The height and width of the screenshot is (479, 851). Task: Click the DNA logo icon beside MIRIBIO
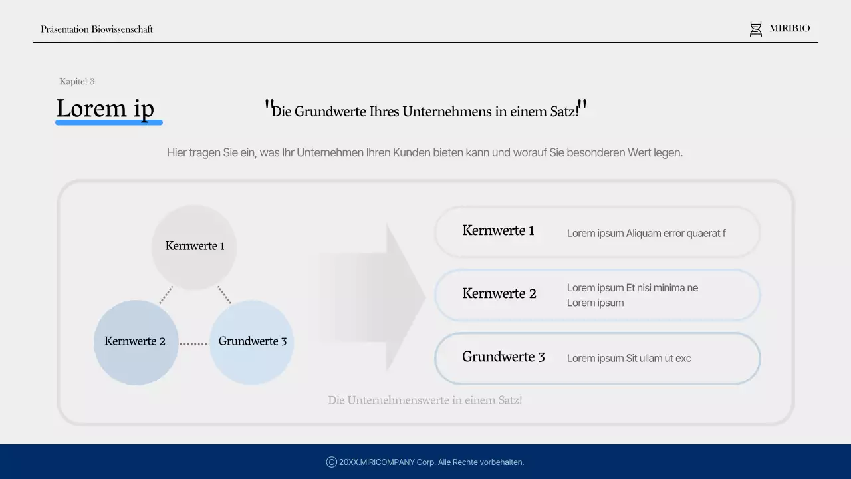tap(756, 29)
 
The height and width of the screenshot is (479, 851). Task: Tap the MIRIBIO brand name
tap(790, 29)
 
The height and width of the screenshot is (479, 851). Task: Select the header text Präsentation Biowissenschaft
tap(96, 29)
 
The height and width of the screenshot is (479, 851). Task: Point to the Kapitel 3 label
tap(77, 82)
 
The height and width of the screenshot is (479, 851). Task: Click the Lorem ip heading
tap(105, 108)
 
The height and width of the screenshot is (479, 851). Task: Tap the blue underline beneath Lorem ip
tap(109, 122)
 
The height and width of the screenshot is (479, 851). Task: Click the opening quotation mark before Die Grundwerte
tap(269, 105)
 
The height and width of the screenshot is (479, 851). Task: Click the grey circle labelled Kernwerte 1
tap(194, 247)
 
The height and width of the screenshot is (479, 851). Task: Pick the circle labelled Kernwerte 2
tap(136, 342)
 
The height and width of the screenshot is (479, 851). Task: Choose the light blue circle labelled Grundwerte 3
tap(252, 342)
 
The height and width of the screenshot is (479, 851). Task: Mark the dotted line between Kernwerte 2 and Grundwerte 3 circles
tap(194, 344)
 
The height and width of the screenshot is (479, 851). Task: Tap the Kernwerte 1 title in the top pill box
tap(498, 231)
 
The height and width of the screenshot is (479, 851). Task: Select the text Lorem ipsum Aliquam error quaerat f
tap(646, 234)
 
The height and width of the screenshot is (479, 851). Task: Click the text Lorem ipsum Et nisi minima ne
tap(632, 288)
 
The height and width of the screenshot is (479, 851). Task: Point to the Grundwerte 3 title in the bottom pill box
tap(503, 357)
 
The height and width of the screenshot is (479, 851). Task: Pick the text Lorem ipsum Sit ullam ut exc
tap(629, 359)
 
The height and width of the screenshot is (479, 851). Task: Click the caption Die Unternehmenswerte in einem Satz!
tap(425, 400)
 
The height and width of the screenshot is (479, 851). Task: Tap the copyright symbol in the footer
tap(331, 462)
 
